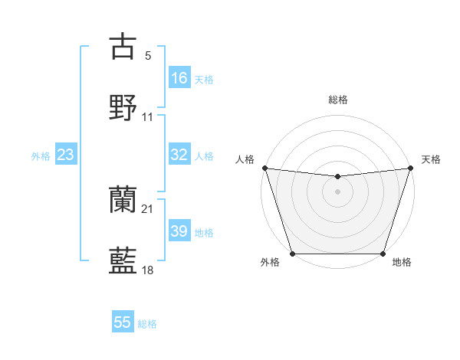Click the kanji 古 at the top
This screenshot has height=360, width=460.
tap(123, 47)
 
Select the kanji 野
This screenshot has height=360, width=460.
tap(123, 107)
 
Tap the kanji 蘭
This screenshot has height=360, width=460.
tap(123, 201)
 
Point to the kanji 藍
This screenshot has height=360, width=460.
tap(123, 260)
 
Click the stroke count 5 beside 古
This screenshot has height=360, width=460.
tap(148, 56)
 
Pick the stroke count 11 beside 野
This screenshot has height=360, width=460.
tap(148, 117)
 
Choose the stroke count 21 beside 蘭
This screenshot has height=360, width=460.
tap(148, 210)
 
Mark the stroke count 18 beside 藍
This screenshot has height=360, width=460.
tap(148, 270)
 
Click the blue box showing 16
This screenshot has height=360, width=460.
tap(179, 78)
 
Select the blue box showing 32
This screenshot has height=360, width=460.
tap(179, 155)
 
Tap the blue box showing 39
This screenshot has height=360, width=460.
tap(179, 231)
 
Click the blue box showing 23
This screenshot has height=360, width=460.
tap(66, 155)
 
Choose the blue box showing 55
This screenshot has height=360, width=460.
tap(123, 322)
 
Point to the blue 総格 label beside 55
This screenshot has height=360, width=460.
tap(148, 324)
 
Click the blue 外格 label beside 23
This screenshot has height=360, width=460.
tap(41, 156)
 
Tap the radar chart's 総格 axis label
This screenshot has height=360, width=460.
tap(338, 100)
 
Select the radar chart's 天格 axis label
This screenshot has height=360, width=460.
tap(431, 159)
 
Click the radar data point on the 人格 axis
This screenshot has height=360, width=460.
tap(264, 168)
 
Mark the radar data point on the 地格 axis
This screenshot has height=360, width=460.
tap(383, 254)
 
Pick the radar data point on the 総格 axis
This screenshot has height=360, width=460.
tap(338, 177)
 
